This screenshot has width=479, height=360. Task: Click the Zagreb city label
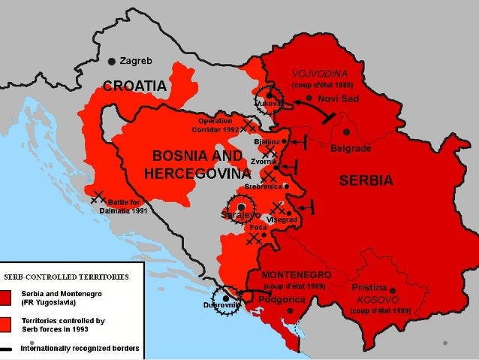coord(137,60)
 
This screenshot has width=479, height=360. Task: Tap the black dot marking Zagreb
coord(112,60)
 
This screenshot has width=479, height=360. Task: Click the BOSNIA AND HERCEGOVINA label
coord(197,165)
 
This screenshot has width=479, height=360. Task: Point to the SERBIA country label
coord(366,181)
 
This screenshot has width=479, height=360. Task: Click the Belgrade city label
coord(351,148)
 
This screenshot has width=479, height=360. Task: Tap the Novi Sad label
coord(338,98)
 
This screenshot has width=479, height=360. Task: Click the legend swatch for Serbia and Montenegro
coord(6,297)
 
